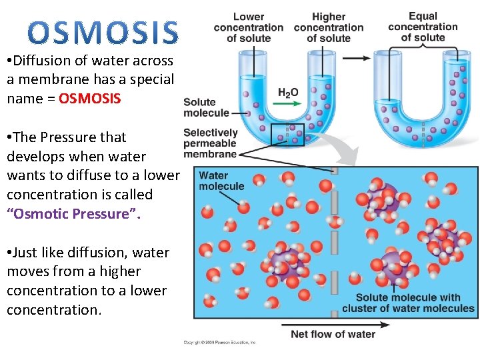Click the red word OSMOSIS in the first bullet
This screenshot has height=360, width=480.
click(90, 99)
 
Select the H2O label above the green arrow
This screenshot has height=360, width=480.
click(288, 93)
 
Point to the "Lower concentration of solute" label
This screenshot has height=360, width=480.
click(249, 28)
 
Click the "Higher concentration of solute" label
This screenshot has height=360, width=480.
click(329, 28)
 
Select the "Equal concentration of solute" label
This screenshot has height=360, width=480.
click(423, 27)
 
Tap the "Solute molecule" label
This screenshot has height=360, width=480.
click(206, 107)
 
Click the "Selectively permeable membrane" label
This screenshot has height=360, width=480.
click(210, 143)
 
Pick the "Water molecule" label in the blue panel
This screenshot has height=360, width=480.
click(213, 181)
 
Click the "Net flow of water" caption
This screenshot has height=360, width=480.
click(333, 334)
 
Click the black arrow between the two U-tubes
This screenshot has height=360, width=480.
click(357, 59)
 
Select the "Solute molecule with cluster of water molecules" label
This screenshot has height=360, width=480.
click(408, 303)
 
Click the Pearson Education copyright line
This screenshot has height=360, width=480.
click(219, 343)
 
